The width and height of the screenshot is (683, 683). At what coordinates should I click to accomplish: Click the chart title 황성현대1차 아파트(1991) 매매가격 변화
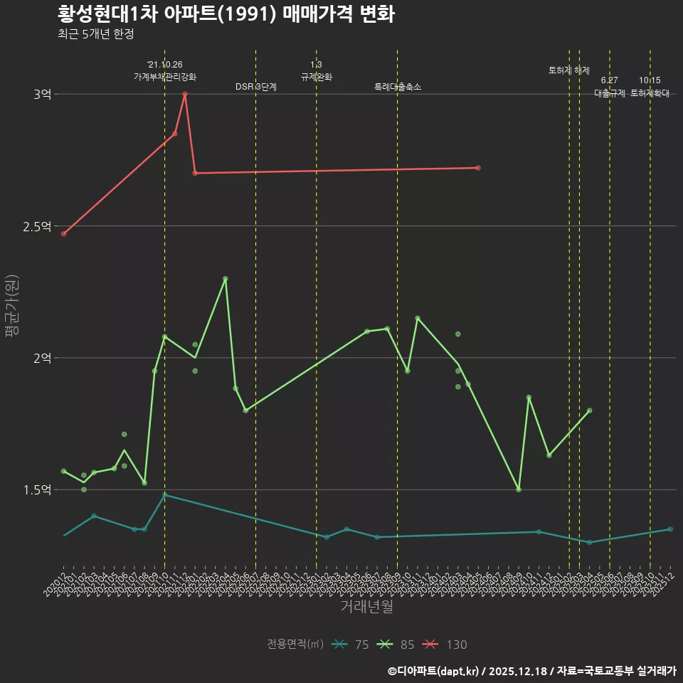(x=226, y=14)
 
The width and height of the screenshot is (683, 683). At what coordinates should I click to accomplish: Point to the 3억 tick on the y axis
(x=43, y=95)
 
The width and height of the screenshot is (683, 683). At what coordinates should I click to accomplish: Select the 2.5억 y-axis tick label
(x=38, y=226)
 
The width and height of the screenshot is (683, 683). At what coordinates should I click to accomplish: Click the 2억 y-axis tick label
(x=43, y=358)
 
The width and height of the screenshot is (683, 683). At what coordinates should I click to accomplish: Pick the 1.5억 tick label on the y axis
(x=38, y=489)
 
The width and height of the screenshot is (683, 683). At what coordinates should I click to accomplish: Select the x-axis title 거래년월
(x=366, y=607)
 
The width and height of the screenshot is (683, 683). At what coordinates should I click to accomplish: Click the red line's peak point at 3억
(x=185, y=94)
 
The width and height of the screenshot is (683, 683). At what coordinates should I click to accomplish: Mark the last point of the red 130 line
(x=478, y=168)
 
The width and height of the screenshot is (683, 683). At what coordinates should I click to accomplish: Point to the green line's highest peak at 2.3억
(x=226, y=279)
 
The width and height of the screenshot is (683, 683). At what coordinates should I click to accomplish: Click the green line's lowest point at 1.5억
(x=519, y=489)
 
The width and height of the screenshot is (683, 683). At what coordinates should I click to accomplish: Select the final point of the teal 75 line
(x=670, y=529)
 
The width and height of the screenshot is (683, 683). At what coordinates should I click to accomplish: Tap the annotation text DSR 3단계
(x=256, y=87)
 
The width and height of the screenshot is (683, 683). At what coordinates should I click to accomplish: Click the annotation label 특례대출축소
(x=398, y=87)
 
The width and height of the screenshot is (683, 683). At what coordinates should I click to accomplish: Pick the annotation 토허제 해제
(x=569, y=70)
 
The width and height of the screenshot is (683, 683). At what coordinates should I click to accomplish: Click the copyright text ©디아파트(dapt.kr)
(x=433, y=671)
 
